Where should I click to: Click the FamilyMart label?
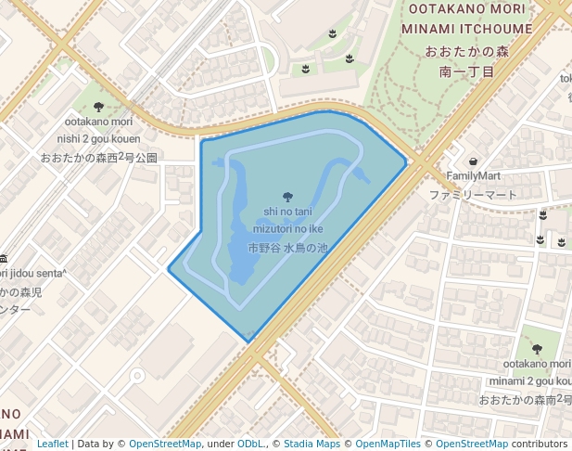point(473,175)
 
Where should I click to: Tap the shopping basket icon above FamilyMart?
point(474,161)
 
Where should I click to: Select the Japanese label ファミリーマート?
point(473,195)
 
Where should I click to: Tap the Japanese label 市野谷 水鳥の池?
point(287,248)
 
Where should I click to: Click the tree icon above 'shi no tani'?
point(287,196)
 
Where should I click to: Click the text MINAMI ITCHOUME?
point(467,29)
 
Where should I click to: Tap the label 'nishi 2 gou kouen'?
point(98,138)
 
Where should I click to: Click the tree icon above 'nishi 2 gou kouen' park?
point(98,107)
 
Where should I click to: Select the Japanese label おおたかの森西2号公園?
point(98,158)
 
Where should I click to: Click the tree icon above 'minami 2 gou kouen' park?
point(537,349)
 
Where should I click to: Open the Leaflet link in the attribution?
point(52,445)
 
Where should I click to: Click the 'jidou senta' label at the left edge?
point(35,272)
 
